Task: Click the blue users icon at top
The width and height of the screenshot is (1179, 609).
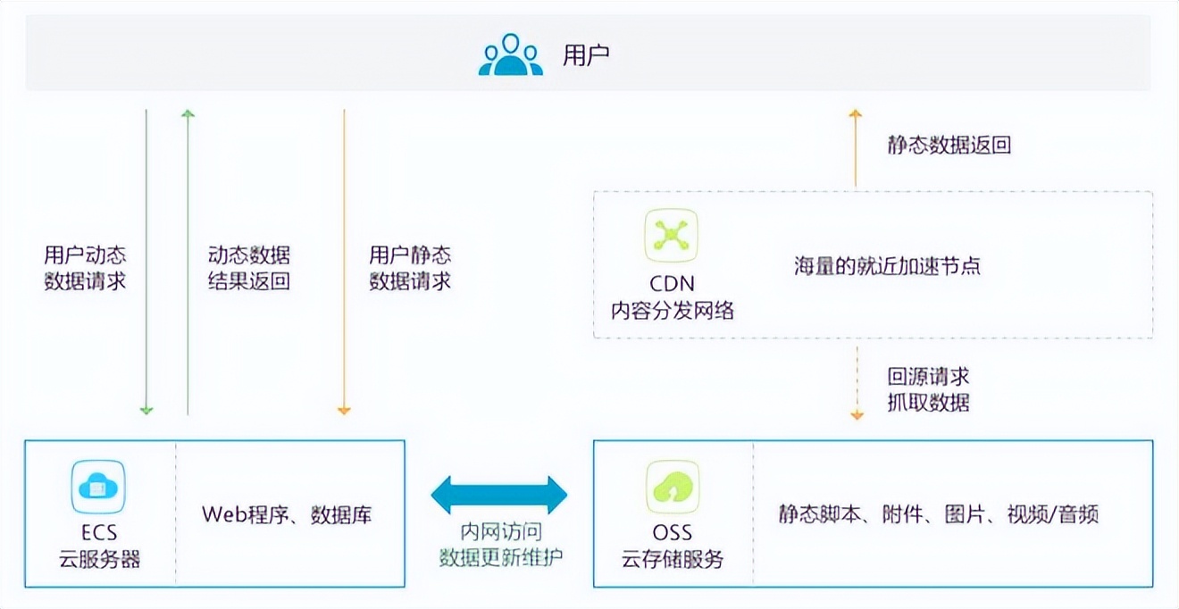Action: click(x=510, y=54)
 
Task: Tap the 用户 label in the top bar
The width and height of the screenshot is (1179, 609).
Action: click(x=586, y=55)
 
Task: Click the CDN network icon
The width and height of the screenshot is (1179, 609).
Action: click(x=672, y=235)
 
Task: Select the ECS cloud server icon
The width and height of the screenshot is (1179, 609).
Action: click(x=98, y=487)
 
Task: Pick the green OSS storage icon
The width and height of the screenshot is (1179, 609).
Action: click(x=672, y=487)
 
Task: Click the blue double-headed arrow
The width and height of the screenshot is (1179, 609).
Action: click(x=498, y=494)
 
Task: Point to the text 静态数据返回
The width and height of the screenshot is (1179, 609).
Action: click(x=949, y=146)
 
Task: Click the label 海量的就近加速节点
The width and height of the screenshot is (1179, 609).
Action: click(x=888, y=266)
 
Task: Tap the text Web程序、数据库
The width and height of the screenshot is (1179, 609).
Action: click(x=286, y=514)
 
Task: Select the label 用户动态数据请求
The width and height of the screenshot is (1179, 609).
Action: click(x=85, y=268)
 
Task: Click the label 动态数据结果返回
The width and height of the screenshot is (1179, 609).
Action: click(x=249, y=268)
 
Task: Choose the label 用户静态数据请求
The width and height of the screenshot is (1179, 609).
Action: click(x=410, y=268)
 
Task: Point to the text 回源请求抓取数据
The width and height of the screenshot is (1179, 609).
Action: click(x=928, y=388)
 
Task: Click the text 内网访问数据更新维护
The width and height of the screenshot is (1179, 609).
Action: click(x=500, y=544)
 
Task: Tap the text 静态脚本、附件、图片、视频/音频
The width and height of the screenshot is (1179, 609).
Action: click(x=938, y=514)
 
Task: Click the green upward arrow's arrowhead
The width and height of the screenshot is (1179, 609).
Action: click(x=188, y=114)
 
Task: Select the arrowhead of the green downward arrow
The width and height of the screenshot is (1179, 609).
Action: click(x=146, y=410)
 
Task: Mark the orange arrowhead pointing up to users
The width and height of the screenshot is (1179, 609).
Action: click(x=855, y=114)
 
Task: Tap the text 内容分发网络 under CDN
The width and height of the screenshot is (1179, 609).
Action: click(x=672, y=310)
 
